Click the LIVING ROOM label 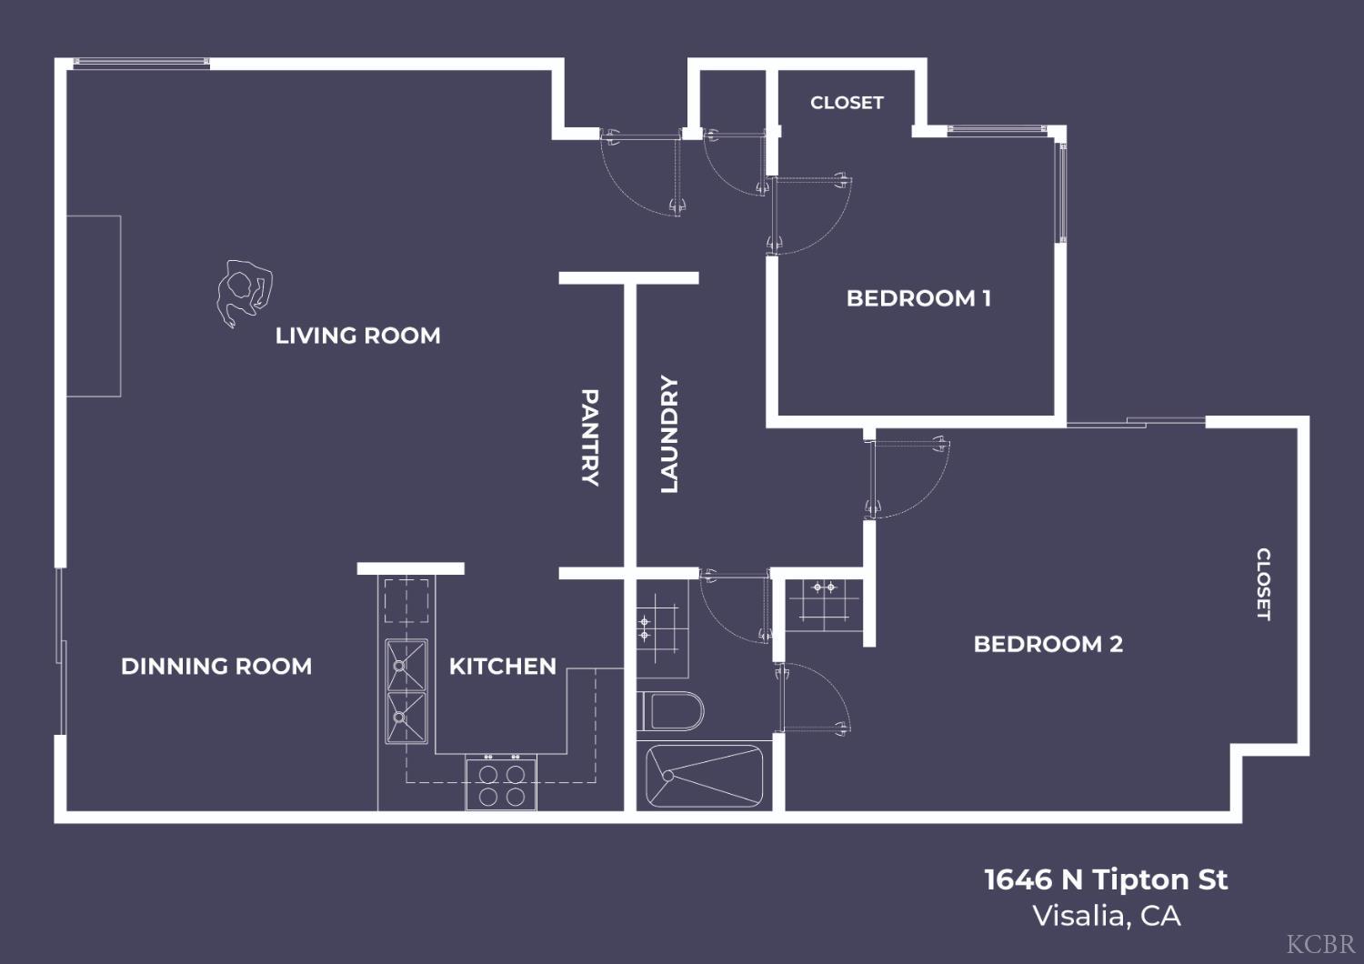coord(357,336)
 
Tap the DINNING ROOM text coord(216,667)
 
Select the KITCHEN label coord(502,667)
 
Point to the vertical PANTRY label coord(590,437)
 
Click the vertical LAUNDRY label coord(669,435)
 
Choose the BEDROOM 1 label coord(918,298)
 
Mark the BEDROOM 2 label coord(1048,644)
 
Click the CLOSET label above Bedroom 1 coord(847,103)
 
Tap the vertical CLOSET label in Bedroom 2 coord(1263,584)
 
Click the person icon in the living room coord(244,292)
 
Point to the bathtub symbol coord(705,776)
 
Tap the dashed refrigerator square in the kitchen coord(406,600)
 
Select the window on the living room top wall coord(141,63)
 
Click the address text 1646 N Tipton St coord(1106,879)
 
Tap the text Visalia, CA coord(1106,916)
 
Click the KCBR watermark coord(1320,944)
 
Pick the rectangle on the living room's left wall coord(94,306)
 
